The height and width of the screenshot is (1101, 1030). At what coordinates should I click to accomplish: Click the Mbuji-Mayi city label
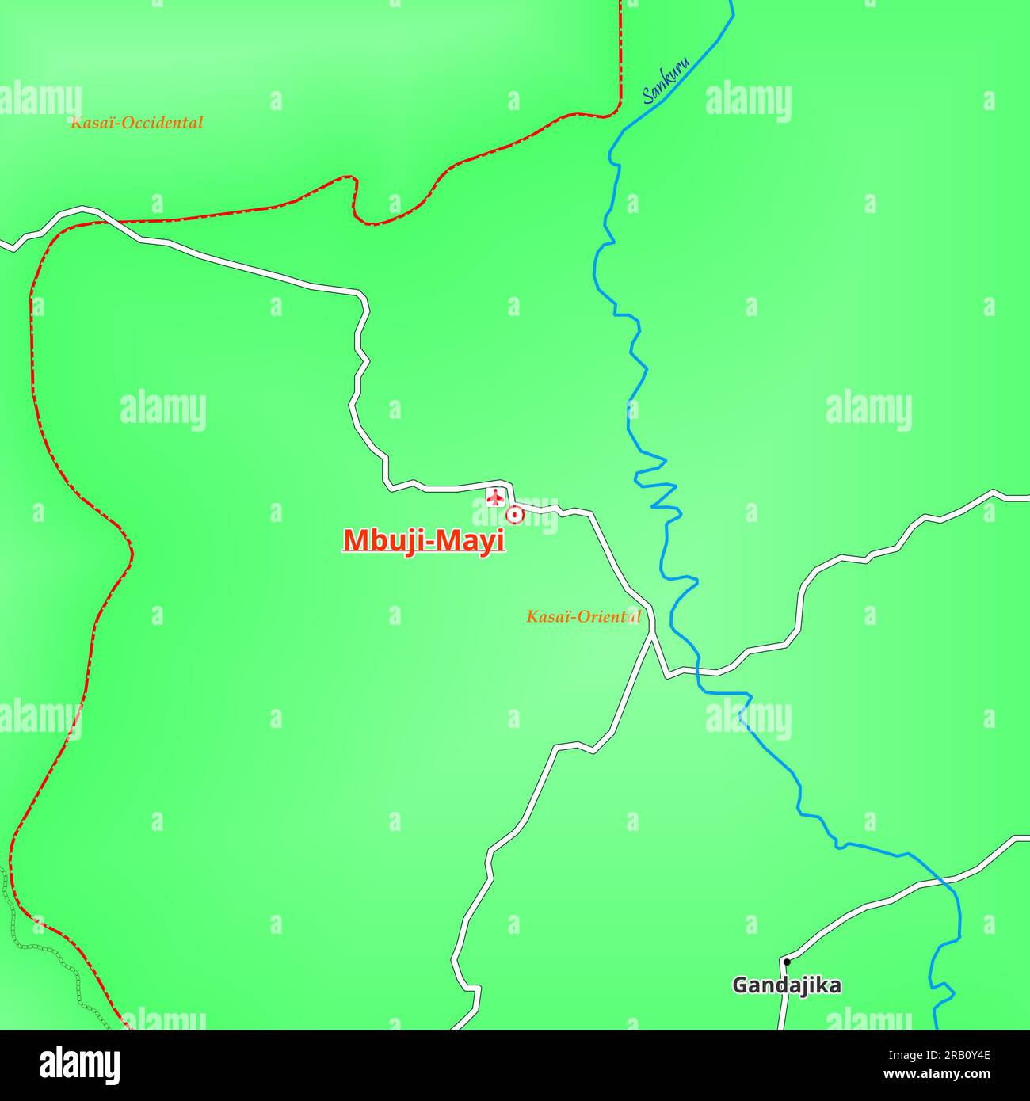(424, 540)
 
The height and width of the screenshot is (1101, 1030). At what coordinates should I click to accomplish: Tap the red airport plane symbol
(495, 497)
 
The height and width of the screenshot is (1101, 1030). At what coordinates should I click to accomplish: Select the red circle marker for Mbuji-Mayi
(515, 515)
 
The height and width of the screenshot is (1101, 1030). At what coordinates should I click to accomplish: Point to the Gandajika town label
(786, 985)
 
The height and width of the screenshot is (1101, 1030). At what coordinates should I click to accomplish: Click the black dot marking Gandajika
(786, 962)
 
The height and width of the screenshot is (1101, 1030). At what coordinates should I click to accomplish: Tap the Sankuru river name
(666, 81)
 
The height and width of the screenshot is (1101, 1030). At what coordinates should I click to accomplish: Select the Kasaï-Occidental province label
(136, 123)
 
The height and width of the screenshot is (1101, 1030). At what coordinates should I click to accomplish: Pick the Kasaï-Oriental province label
(583, 616)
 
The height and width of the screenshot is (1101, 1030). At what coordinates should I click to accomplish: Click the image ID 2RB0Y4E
(958, 1054)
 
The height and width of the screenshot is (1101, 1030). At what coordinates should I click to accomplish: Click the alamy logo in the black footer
(79, 1065)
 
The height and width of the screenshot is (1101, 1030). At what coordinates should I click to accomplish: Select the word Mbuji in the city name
(379, 540)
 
